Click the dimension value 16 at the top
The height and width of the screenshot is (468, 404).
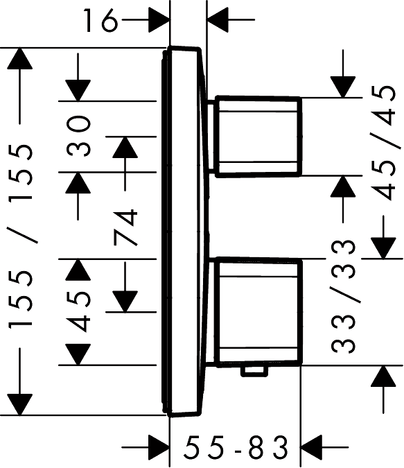pyautogui.click(x=100, y=20)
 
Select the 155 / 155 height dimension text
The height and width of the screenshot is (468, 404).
pyautogui.click(x=20, y=236)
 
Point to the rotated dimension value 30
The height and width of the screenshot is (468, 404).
pyautogui.click(x=78, y=136)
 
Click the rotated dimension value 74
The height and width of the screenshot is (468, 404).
pyautogui.click(x=125, y=227)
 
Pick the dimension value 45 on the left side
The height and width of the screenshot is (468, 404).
pyautogui.click(x=78, y=311)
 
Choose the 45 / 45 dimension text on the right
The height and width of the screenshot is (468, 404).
pyautogui.click(x=383, y=143)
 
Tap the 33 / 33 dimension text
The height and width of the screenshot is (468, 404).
pyautogui.click(x=344, y=296)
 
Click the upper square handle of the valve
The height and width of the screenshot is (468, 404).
pyautogui.click(x=258, y=137)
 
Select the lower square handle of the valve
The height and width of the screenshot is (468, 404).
pyautogui.click(x=258, y=312)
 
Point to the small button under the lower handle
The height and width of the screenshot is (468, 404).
pyautogui.click(x=254, y=371)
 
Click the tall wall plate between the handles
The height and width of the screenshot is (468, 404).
pyautogui.click(x=185, y=232)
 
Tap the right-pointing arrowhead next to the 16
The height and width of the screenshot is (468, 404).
pyautogui.click(x=159, y=20)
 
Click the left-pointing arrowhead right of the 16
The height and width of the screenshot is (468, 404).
pyautogui.click(x=218, y=20)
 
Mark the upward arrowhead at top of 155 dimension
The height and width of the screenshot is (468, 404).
pyautogui.click(x=19, y=58)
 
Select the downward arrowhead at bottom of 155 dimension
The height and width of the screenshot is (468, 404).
pyautogui.click(x=19, y=404)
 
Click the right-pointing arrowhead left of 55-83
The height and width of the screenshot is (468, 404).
pyautogui.click(x=159, y=447)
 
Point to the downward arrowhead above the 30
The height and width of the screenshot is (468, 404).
pyautogui.click(x=78, y=90)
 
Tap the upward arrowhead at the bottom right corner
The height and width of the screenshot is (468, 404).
pyautogui.click(x=383, y=376)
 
